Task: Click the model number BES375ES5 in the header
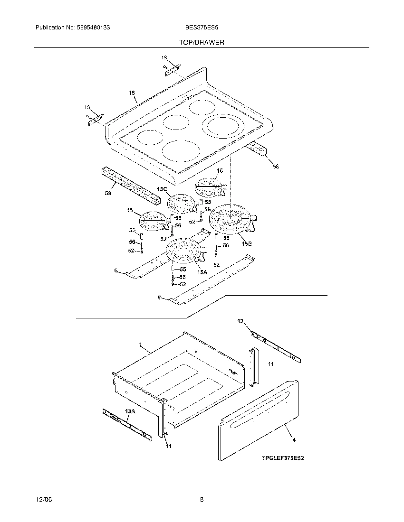pyautogui.click(x=202, y=28)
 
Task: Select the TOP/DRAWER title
pyautogui.click(x=202, y=42)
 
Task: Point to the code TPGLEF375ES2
pyautogui.click(x=282, y=458)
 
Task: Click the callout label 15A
pyautogui.click(x=203, y=272)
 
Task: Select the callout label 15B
pyautogui.click(x=246, y=243)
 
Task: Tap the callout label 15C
pyautogui.click(x=163, y=189)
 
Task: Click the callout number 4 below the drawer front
pyautogui.click(x=294, y=440)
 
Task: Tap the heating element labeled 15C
pyautogui.click(x=181, y=205)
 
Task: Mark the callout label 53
pyautogui.click(x=132, y=230)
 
